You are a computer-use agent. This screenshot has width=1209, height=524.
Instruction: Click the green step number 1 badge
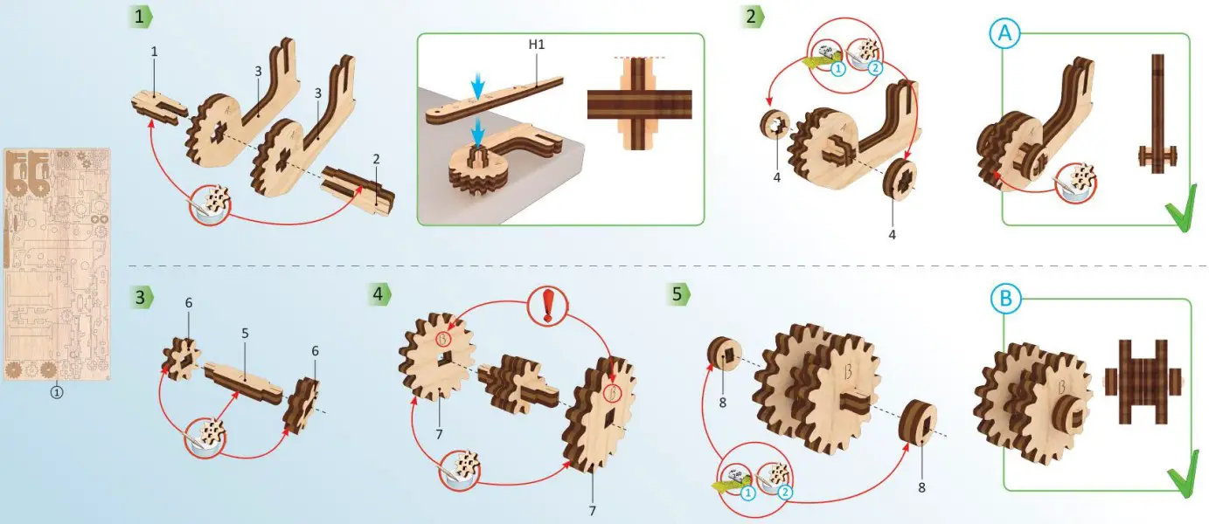[140, 16]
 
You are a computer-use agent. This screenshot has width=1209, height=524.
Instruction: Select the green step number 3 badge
[140, 297]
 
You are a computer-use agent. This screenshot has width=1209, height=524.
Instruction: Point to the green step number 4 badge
[379, 293]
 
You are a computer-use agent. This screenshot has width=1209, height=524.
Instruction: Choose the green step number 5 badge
[677, 293]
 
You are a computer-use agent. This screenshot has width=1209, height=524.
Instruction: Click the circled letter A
[1004, 33]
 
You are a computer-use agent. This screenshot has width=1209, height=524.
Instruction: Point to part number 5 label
[246, 334]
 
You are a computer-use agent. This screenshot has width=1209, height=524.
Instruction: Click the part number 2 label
[375, 160]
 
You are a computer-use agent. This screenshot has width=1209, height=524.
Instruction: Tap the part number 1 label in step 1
[154, 52]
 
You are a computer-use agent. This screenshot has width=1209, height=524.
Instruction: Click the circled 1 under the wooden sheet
[57, 393]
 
